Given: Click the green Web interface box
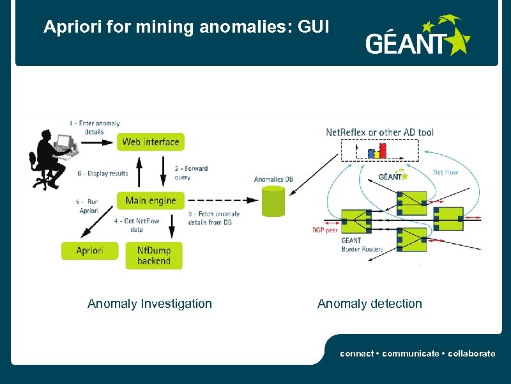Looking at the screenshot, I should tap(151, 141).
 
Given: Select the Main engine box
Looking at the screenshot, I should tap(151, 200).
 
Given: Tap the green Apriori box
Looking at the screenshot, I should tap(89, 250).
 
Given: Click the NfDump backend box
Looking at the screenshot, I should tap(153, 255).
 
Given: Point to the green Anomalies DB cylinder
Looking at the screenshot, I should tap(273, 202).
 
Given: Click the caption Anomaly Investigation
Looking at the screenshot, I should tap(149, 303).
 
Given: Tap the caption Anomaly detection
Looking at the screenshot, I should tap(369, 303).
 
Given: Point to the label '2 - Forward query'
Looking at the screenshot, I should tap(191, 173).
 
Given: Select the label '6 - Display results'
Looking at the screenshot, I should tap(103, 173).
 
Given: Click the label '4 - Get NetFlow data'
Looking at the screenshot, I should tap(137, 224).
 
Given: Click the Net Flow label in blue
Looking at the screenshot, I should tap(445, 172).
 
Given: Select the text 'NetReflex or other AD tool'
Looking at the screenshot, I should tap(379, 132).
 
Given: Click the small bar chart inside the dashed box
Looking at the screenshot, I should tap(377, 151).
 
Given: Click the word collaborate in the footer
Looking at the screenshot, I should tap(473, 353).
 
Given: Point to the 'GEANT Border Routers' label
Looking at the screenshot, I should tap(362, 244).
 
